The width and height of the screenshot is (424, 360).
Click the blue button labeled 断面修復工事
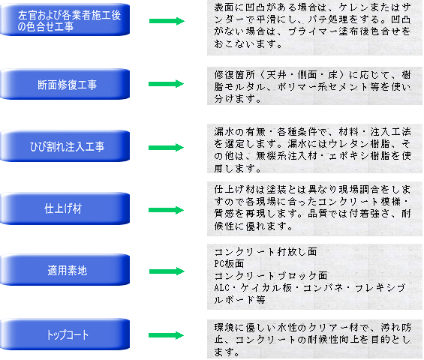65,84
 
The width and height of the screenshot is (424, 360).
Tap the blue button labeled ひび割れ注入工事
65,146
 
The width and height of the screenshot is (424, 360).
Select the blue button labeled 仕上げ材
65,208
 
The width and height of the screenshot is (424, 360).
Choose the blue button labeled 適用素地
65,270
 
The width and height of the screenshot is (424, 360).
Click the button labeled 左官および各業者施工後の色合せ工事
65,19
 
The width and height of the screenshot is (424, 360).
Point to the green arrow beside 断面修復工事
167,84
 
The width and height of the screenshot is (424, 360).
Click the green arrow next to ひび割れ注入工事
167,148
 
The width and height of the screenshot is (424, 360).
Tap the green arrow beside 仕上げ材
167,210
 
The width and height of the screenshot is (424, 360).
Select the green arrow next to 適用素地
167,271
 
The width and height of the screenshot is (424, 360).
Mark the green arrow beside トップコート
167,335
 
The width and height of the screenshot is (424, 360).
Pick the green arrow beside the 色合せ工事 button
167,21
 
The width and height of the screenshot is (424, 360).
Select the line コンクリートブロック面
271,276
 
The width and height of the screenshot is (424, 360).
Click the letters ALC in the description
221,287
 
